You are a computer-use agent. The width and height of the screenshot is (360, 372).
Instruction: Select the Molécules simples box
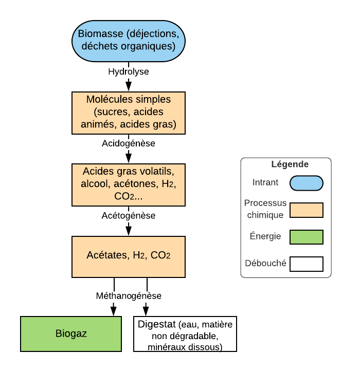tap(128, 112)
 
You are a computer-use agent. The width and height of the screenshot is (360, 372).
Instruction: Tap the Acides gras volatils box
tap(128, 184)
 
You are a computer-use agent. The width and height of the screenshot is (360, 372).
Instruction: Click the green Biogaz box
tap(71, 333)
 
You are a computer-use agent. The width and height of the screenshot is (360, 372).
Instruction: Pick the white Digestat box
tap(185, 333)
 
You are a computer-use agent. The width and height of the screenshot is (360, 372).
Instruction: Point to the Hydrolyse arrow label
tap(129, 71)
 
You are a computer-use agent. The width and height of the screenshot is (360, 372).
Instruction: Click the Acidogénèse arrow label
tap(129, 143)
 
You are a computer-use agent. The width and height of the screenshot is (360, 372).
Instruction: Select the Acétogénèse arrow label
tap(129, 215)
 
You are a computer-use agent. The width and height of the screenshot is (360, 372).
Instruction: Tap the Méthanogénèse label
tap(129, 296)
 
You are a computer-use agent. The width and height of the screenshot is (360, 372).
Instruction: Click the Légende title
tap(290, 165)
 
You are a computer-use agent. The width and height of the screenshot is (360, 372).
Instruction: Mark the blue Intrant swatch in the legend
tap(306, 183)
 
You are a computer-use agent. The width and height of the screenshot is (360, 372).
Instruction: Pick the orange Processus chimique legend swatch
tap(306, 210)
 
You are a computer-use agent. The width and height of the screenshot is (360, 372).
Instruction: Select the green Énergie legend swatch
tap(306, 237)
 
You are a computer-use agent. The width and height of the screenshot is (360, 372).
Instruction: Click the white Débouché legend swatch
tap(306, 264)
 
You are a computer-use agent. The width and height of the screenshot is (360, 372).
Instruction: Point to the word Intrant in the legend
tap(265, 182)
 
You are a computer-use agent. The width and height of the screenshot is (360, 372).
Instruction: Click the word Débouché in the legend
tap(265, 264)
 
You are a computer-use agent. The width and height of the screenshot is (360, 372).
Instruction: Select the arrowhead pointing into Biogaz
tap(114, 310)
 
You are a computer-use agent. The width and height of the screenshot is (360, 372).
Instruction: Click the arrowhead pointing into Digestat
tap(147, 310)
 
